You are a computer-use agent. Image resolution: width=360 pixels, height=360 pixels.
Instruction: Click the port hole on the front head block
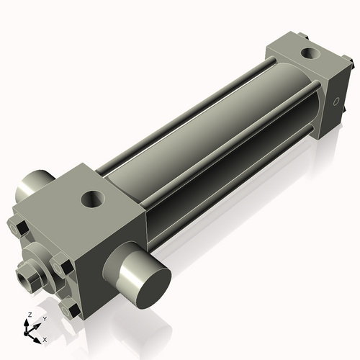tap(94, 198)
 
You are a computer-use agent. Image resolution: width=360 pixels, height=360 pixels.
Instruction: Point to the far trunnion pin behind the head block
tap(33, 186)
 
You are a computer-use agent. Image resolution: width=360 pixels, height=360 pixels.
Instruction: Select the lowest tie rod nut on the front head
tap(70, 310)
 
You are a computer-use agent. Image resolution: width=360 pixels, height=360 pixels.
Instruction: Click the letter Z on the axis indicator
tap(28, 315)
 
